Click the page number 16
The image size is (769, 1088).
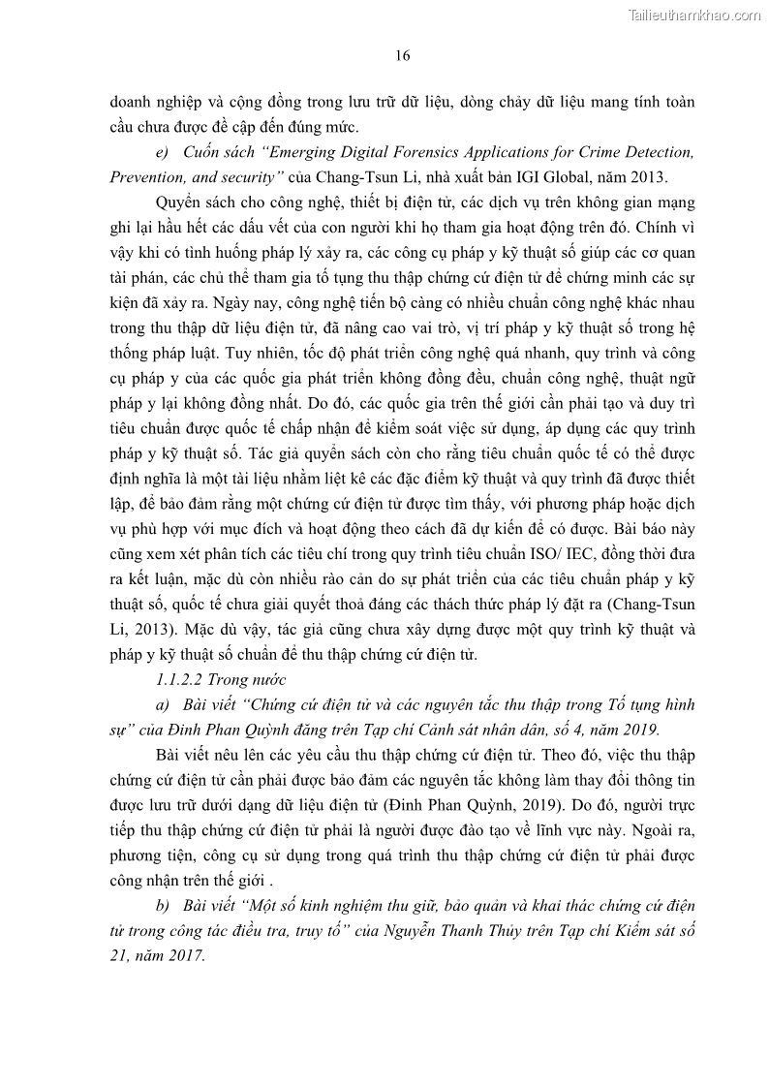pyautogui.click(x=402, y=55)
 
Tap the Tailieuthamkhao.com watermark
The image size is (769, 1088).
pyautogui.click(x=694, y=15)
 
